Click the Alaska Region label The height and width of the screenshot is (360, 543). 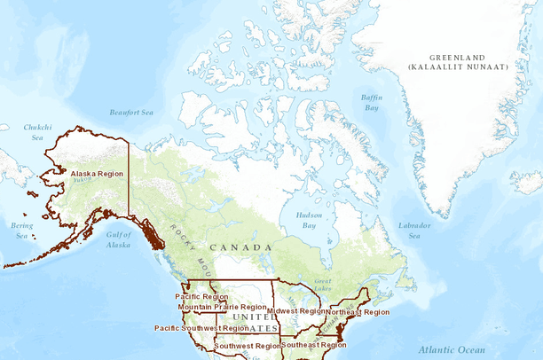(x=97, y=174)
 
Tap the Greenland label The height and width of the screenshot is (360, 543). (x=457, y=57)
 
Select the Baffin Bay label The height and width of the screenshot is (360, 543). (x=372, y=102)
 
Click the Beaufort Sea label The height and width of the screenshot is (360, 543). (x=131, y=113)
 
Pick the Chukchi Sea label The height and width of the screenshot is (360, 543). (x=37, y=132)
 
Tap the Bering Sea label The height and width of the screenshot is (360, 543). (x=20, y=231)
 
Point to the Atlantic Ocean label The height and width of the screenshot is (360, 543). (x=452, y=349)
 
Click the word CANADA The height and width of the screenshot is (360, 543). (x=240, y=247)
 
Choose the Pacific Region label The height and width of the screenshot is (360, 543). (x=201, y=296)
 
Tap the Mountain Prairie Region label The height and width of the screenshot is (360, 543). (x=222, y=307)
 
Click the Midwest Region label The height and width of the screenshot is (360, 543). (x=296, y=311)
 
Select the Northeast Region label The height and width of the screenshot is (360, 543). (x=358, y=312)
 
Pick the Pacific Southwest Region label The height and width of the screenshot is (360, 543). (x=201, y=328)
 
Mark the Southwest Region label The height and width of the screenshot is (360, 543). (x=248, y=346)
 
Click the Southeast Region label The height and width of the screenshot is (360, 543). (x=314, y=345)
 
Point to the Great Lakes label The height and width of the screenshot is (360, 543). (x=323, y=284)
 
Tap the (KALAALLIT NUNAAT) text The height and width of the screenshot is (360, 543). (x=458, y=67)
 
